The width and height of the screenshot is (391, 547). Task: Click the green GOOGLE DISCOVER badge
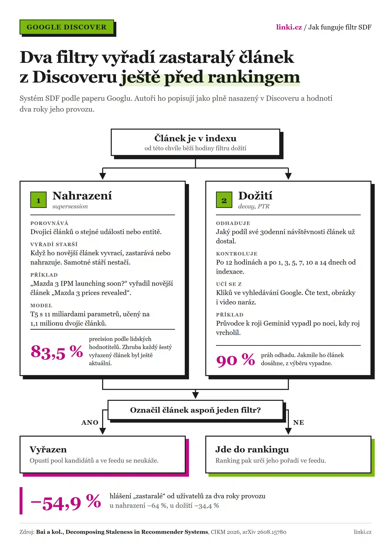[x=67, y=27]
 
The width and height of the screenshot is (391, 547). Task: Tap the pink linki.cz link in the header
[x=289, y=27]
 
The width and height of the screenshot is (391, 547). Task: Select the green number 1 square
[x=38, y=200]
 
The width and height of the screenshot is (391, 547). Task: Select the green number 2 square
[x=224, y=200]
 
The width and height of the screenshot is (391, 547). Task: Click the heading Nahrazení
[x=82, y=196]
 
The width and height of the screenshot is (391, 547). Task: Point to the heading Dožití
[x=255, y=196]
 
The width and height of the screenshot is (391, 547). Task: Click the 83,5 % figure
[x=57, y=352]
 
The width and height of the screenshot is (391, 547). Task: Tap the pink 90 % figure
[x=236, y=360]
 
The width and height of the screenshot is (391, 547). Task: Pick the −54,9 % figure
[x=66, y=502]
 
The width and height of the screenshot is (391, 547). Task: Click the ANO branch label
[x=90, y=423]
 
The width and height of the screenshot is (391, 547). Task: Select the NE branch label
[x=298, y=423]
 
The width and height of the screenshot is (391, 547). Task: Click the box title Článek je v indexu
[x=195, y=138]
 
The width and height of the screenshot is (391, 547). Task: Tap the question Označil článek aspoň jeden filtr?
[x=195, y=410]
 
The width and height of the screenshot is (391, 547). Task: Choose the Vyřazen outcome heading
[x=48, y=449]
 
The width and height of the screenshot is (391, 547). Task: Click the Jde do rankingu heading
[x=252, y=449]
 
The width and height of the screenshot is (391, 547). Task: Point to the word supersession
[x=70, y=206]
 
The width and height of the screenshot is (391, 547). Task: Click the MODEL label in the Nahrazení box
[x=41, y=305]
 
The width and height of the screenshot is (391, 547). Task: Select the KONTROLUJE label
[x=237, y=254]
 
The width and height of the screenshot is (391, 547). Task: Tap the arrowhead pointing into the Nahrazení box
[x=103, y=176]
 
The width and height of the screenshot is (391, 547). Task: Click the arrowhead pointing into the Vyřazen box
[x=103, y=431]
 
